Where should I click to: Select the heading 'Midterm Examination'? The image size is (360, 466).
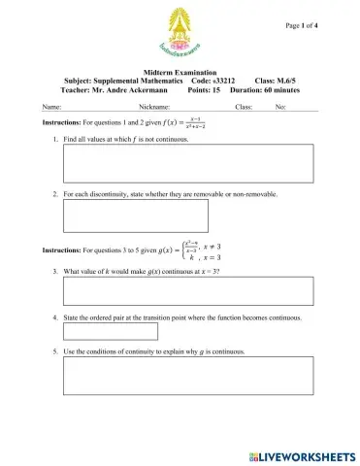(x=180, y=73)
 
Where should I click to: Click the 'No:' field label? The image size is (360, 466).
(x=280, y=107)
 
